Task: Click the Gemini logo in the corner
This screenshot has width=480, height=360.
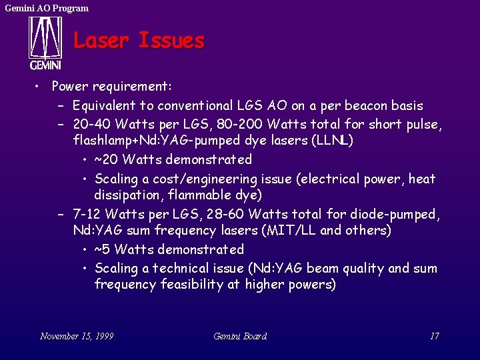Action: click(45, 43)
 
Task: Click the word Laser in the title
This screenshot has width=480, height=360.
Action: click(101, 41)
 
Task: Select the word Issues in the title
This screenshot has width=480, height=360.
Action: click(171, 41)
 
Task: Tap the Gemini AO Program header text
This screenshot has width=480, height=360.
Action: click(47, 8)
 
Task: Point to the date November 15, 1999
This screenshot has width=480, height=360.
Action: click(77, 336)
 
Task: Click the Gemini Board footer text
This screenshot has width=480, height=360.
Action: click(240, 336)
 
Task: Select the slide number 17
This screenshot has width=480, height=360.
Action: click(434, 336)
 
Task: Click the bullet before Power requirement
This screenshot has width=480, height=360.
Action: click(40, 87)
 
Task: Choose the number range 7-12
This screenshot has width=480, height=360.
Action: click(87, 214)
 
